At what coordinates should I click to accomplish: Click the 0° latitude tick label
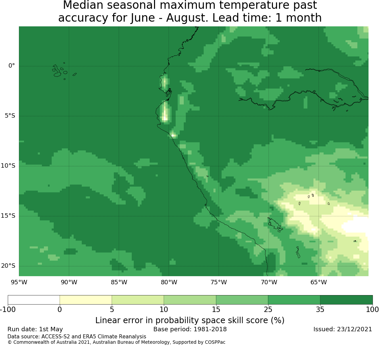coord(11,66)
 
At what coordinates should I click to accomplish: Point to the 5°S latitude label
coord(10,116)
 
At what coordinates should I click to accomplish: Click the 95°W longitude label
coord(19,282)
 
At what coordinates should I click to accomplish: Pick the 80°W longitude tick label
coord(169,282)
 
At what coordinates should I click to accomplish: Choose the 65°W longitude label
coord(319,282)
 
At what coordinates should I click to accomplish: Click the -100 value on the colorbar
coord(8,310)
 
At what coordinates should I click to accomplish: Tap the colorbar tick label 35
coord(320,310)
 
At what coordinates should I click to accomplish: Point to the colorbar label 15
coord(216,310)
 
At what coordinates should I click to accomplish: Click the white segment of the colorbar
coord(34,300)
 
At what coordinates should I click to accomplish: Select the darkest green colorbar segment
coord(346,300)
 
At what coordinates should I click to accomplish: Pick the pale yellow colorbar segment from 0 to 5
coord(86,300)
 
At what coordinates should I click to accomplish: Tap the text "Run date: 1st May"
coord(35,329)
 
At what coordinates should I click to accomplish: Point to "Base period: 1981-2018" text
coord(190,329)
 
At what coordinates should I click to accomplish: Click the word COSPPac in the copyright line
coord(215,342)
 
